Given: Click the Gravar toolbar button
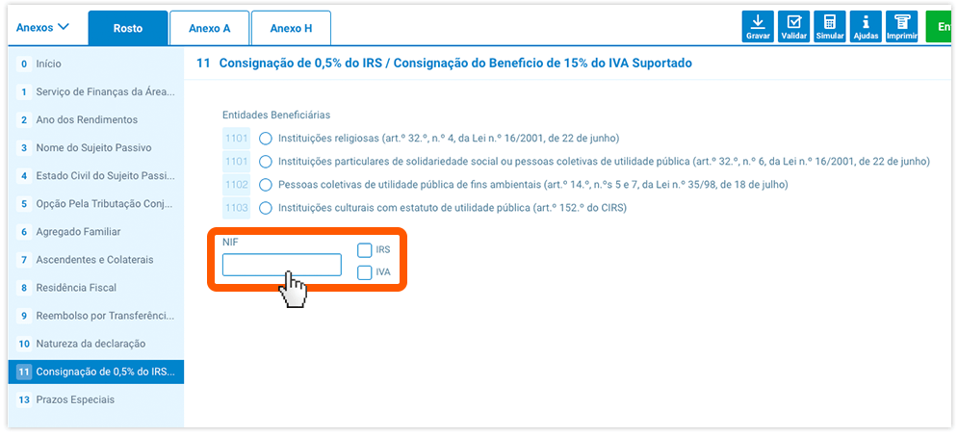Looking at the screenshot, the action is (758, 27).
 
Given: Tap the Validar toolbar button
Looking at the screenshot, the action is (793, 27).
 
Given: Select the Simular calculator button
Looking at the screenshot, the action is (830, 27).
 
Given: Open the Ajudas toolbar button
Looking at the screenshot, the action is (866, 27).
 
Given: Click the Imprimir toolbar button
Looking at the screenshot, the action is (902, 27).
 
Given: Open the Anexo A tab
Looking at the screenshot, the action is (210, 28).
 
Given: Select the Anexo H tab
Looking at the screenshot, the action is (291, 28).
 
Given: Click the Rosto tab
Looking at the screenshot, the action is (128, 28).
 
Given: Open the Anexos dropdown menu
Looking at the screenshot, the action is (42, 28).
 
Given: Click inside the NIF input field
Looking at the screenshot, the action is (282, 265).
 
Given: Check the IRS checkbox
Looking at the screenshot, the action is (365, 250).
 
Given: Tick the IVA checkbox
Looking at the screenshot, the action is (365, 272).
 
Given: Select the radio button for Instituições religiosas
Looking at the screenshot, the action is (266, 139).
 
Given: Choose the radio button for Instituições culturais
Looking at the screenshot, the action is (266, 208).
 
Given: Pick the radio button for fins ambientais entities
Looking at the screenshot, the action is (266, 185).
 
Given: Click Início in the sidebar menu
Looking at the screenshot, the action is (49, 64).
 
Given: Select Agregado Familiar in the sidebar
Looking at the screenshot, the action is (78, 232).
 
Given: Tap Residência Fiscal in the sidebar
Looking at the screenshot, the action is (76, 287).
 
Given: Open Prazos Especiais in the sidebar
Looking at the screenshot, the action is (75, 399).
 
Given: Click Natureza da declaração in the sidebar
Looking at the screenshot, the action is (91, 344).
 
